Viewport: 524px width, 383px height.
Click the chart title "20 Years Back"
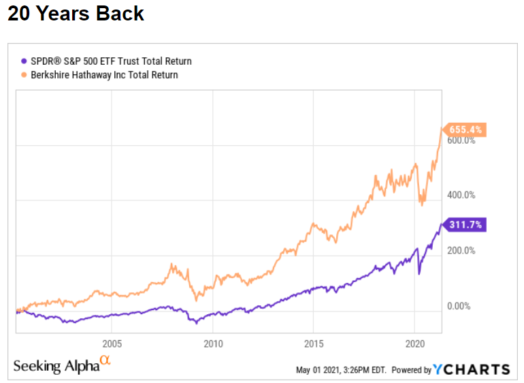click(76, 14)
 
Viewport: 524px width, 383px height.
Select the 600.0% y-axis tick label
click(461, 141)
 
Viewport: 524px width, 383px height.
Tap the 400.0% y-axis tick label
click(461, 196)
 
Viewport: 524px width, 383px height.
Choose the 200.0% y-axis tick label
click(461, 251)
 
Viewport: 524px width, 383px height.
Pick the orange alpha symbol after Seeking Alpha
click(105, 361)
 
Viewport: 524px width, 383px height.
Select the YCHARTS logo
click(472, 369)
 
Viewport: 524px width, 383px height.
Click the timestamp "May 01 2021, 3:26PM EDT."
click(341, 370)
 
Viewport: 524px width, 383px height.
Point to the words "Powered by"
click(411, 370)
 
